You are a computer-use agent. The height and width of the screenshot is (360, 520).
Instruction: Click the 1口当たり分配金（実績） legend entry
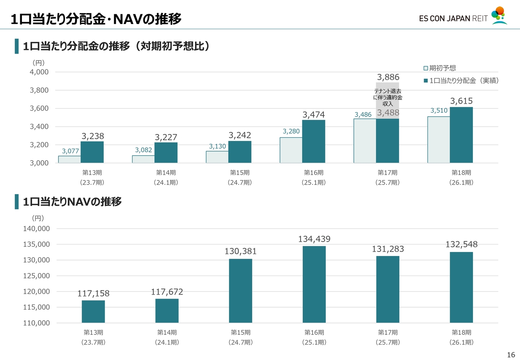[461, 81]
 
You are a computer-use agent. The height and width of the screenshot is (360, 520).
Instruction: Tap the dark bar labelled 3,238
[92, 152]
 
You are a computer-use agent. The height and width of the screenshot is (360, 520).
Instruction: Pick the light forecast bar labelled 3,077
[69, 159]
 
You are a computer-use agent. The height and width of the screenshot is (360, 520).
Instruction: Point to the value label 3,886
[388, 77]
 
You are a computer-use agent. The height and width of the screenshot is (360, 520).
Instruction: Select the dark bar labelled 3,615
[461, 135]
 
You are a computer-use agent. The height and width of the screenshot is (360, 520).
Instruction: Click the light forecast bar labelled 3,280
[291, 150]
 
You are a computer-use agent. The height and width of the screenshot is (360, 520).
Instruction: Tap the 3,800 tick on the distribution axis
[39, 90]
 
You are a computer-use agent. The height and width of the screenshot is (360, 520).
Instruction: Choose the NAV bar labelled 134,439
[314, 284]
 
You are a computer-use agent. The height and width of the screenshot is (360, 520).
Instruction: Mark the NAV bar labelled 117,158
[93, 312]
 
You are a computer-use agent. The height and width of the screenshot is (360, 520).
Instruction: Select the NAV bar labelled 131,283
[388, 289]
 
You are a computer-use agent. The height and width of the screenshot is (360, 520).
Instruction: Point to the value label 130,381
[240, 252]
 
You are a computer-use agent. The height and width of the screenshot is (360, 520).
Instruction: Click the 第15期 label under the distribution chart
[240, 173]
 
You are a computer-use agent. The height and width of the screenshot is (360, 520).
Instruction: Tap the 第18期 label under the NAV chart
[461, 332]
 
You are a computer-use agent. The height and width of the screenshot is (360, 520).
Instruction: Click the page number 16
[511, 353]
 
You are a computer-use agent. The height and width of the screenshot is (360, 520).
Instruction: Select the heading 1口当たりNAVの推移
[72, 202]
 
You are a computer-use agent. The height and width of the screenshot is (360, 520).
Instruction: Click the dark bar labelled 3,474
[314, 141]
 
